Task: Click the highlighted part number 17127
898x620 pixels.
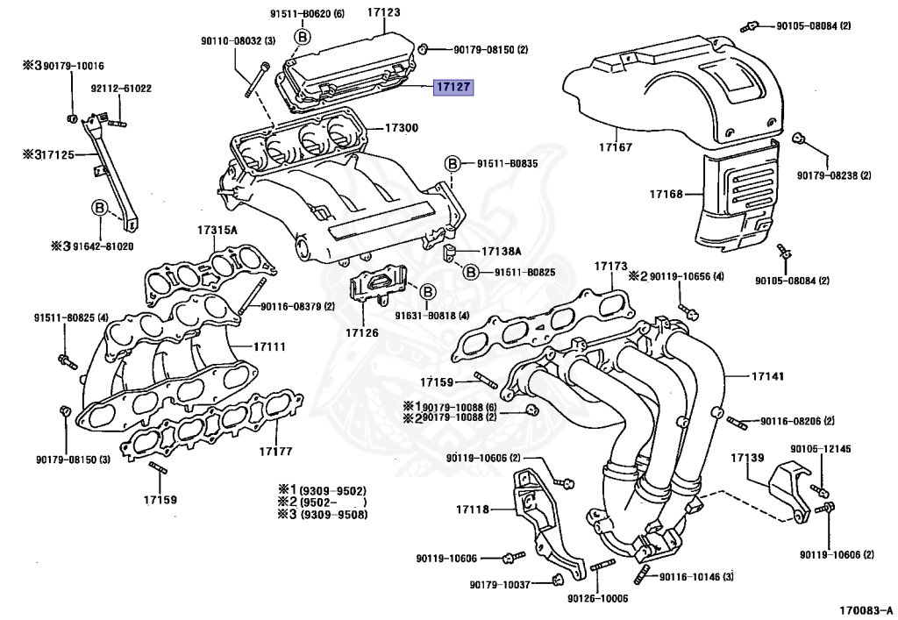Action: pyautogui.click(x=454, y=88)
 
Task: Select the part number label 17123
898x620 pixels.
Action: pyautogui.click(x=383, y=12)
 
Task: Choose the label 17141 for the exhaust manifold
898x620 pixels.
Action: pyautogui.click(x=766, y=376)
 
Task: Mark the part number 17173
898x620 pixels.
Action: pyautogui.click(x=610, y=265)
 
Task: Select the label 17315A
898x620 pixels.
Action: pyautogui.click(x=217, y=230)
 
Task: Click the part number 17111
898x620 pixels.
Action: pyautogui.click(x=270, y=346)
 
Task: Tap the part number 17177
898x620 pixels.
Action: pyautogui.click(x=274, y=452)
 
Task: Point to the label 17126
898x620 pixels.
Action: pyautogui.click(x=361, y=332)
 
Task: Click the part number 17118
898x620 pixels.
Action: pyautogui.click(x=473, y=510)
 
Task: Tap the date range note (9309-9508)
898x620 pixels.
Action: pyautogui.click(x=333, y=514)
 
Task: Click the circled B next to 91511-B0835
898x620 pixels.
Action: pyautogui.click(x=453, y=163)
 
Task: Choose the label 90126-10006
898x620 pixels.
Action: pyautogui.click(x=597, y=598)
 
